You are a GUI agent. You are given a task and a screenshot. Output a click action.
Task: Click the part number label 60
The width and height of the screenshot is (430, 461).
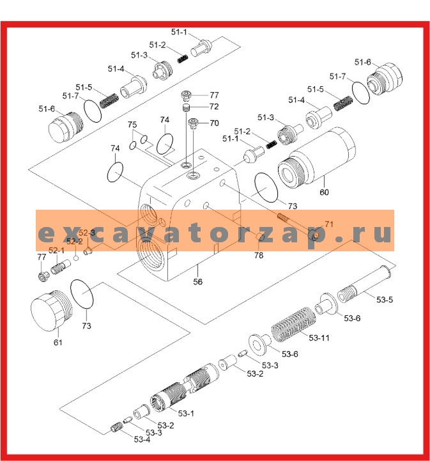coord(325,192)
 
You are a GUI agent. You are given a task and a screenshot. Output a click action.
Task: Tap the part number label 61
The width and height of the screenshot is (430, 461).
coord(58,343)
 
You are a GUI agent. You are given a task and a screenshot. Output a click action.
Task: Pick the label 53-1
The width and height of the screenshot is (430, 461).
coord(186,413)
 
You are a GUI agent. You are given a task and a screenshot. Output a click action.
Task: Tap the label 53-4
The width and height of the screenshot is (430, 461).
coord(142,439)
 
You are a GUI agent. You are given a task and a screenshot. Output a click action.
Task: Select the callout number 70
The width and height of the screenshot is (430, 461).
coord(214,123)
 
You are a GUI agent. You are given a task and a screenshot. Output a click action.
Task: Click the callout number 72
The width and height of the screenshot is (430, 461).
coord(214,107)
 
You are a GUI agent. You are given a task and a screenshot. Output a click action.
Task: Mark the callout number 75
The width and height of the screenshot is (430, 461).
coord(132,125)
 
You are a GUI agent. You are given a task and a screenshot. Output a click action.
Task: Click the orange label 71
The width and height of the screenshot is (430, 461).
coord(329,224)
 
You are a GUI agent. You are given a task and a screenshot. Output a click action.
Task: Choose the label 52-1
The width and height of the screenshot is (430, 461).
coord(56,250)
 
